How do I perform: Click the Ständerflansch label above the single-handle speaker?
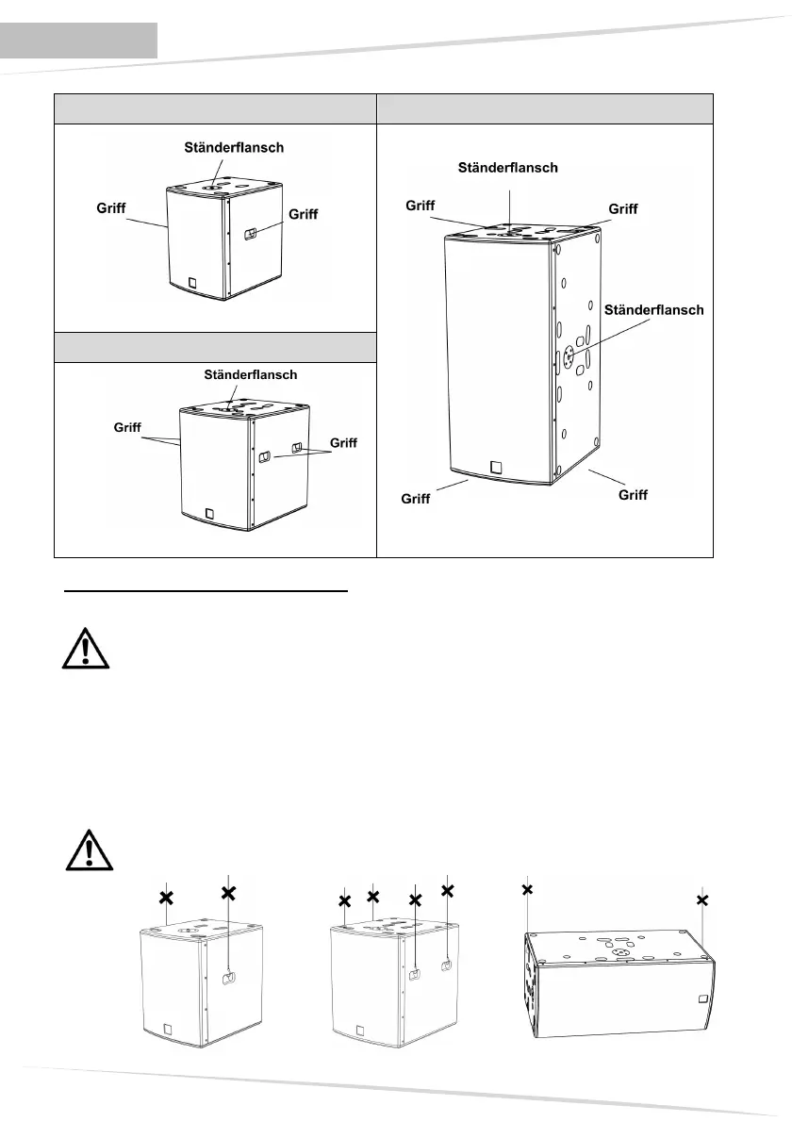click(x=233, y=147)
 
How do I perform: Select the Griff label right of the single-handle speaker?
click(x=304, y=214)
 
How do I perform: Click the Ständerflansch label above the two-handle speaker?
click(x=251, y=374)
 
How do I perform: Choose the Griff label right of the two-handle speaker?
click(x=343, y=442)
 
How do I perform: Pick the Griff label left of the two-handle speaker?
click(x=121, y=426)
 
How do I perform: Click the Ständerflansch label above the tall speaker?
click(x=508, y=168)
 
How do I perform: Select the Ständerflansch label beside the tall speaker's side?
click(x=654, y=308)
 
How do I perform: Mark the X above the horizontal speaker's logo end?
click(x=702, y=900)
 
